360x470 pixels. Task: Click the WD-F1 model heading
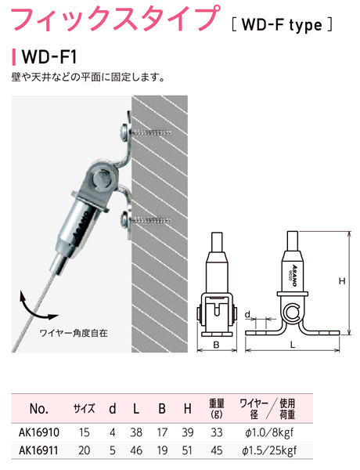(49, 56)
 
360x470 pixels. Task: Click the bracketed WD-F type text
(282, 25)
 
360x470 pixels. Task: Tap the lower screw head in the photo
(125, 219)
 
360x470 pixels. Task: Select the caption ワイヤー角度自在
(73, 333)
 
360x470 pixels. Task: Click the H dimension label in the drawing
(342, 281)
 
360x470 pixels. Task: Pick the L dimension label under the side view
(293, 345)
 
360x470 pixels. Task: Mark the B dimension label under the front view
(216, 345)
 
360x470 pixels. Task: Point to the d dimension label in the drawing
(247, 314)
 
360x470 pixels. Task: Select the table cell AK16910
(39, 432)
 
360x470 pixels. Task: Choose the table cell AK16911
(38, 450)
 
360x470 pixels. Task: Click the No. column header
(39, 409)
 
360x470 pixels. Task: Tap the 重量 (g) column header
(217, 408)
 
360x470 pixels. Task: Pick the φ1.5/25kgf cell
(270, 450)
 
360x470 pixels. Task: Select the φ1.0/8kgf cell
(268, 432)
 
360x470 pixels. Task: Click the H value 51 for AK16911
(188, 450)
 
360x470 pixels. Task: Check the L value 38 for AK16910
(136, 432)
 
